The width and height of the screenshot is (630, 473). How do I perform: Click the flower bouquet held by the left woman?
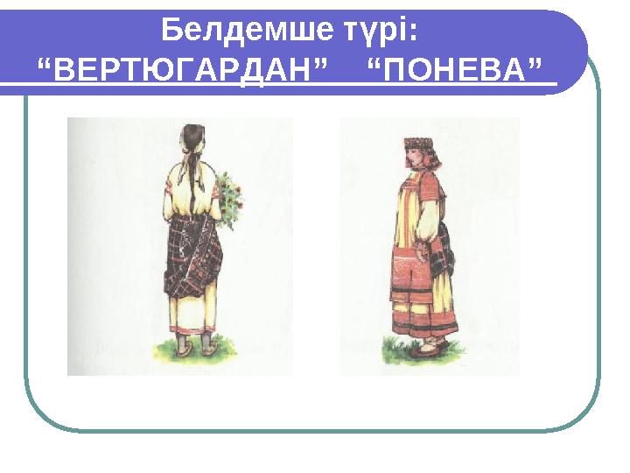pyautogui.click(x=229, y=197)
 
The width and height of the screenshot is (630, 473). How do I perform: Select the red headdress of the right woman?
pyautogui.click(x=419, y=143)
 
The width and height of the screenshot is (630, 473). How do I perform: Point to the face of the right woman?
pyautogui.click(x=412, y=157)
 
